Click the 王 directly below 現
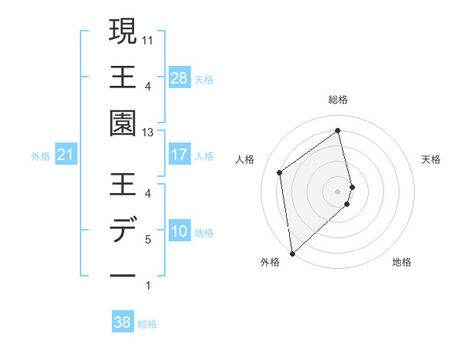click(x=123, y=77)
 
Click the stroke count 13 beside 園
click(x=147, y=133)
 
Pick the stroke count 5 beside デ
click(x=147, y=240)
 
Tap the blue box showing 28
click(x=179, y=78)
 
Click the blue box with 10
click(x=179, y=232)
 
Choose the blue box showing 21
click(x=65, y=155)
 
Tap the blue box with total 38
click(x=123, y=322)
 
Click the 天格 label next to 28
click(x=204, y=79)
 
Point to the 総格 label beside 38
click(x=147, y=324)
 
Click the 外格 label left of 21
click(x=41, y=156)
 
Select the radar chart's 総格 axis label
click(x=338, y=100)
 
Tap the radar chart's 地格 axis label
click(x=402, y=262)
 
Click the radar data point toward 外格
click(x=292, y=253)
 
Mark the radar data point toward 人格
click(x=280, y=172)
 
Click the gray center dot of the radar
click(x=338, y=190)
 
